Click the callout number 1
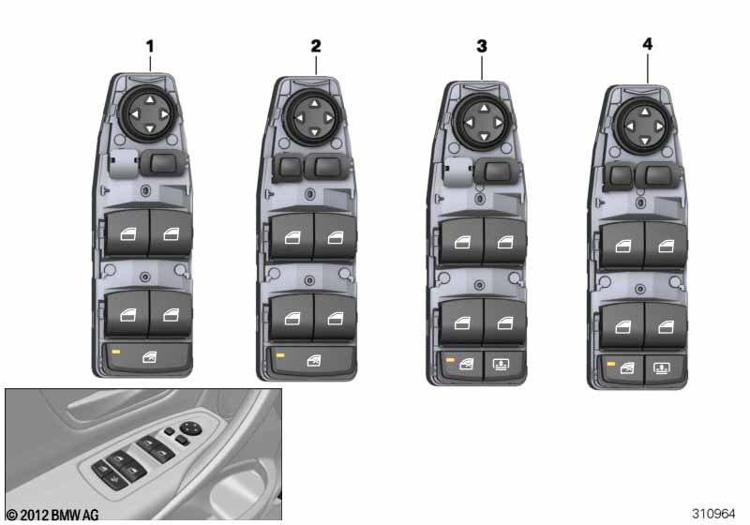150,46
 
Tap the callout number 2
316,46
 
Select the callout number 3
482,46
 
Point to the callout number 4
647,44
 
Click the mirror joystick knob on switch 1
150,114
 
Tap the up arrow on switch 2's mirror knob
314,103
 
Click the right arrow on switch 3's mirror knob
499,123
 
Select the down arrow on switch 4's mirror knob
645,141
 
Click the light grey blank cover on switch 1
124,163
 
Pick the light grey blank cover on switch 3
458,172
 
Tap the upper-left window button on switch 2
292,236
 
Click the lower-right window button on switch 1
171,314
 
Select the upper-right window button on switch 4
666,246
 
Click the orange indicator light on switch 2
280,355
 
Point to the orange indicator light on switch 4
611,364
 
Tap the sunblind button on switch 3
501,366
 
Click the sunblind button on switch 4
662,369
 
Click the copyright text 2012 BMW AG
52,515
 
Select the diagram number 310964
713,514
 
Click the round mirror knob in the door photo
191,427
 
